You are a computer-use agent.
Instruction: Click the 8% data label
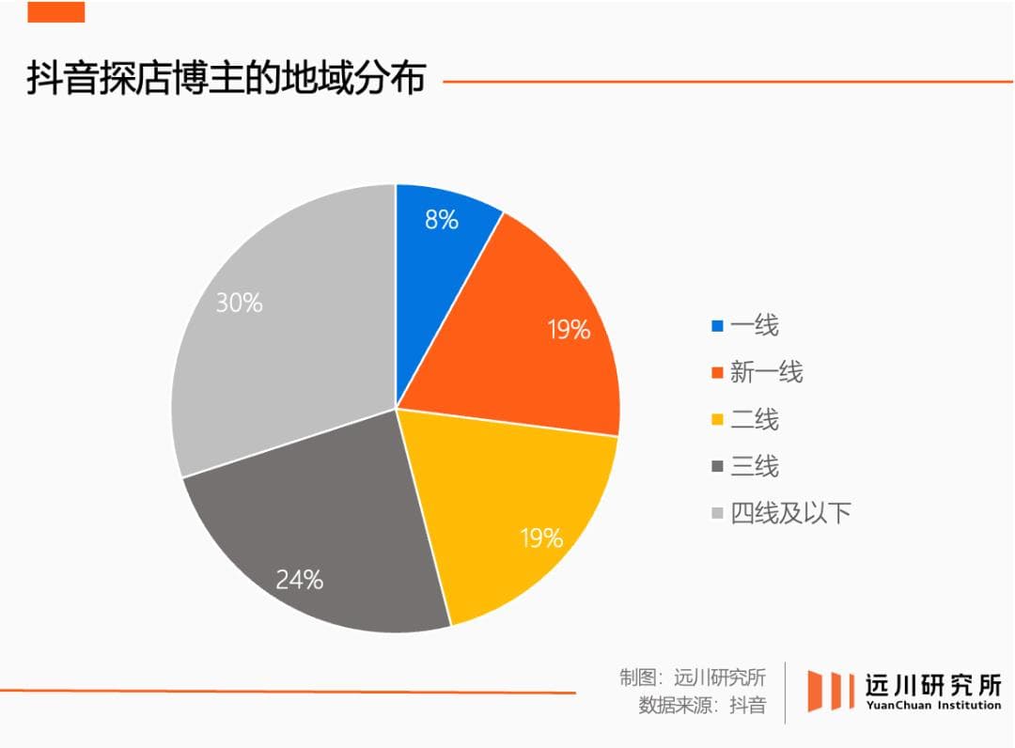coord(442,221)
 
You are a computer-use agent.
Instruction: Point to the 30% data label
coord(240,304)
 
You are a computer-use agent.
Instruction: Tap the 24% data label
coord(299,580)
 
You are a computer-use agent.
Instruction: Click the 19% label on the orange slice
coord(570,330)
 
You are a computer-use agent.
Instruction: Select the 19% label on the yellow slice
coord(542,538)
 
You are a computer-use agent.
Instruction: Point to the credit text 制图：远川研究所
coord(693,677)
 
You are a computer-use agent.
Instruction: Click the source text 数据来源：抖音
coord(702,706)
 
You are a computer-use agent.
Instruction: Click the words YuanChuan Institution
coord(933,705)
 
